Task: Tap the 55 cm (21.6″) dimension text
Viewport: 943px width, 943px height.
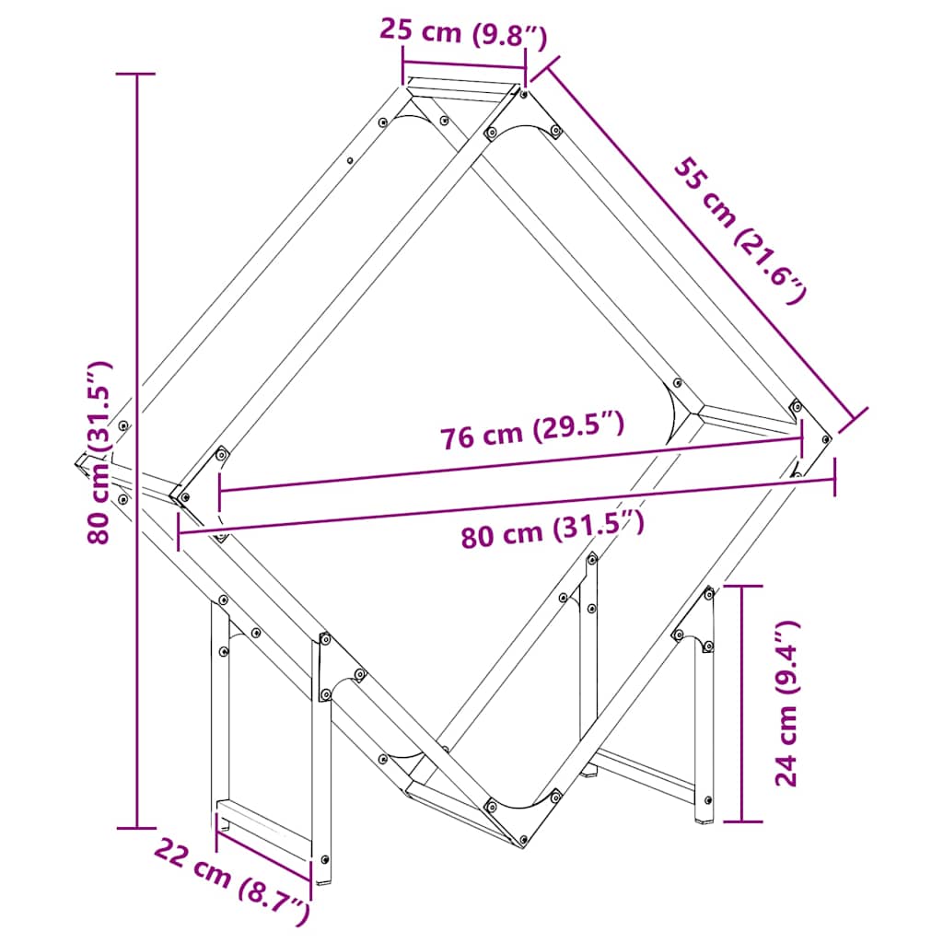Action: point(741,231)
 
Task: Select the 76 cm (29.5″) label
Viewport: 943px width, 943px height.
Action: point(532,432)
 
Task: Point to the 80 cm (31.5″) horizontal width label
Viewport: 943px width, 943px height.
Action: point(552,531)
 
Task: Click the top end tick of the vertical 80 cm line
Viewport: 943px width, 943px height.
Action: point(138,74)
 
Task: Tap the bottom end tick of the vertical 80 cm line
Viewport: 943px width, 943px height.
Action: point(138,828)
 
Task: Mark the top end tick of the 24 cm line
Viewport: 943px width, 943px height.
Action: point(742,585)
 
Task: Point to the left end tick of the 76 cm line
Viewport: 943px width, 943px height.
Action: point(219,490)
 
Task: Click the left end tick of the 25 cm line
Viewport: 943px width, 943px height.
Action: point(402,65)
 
